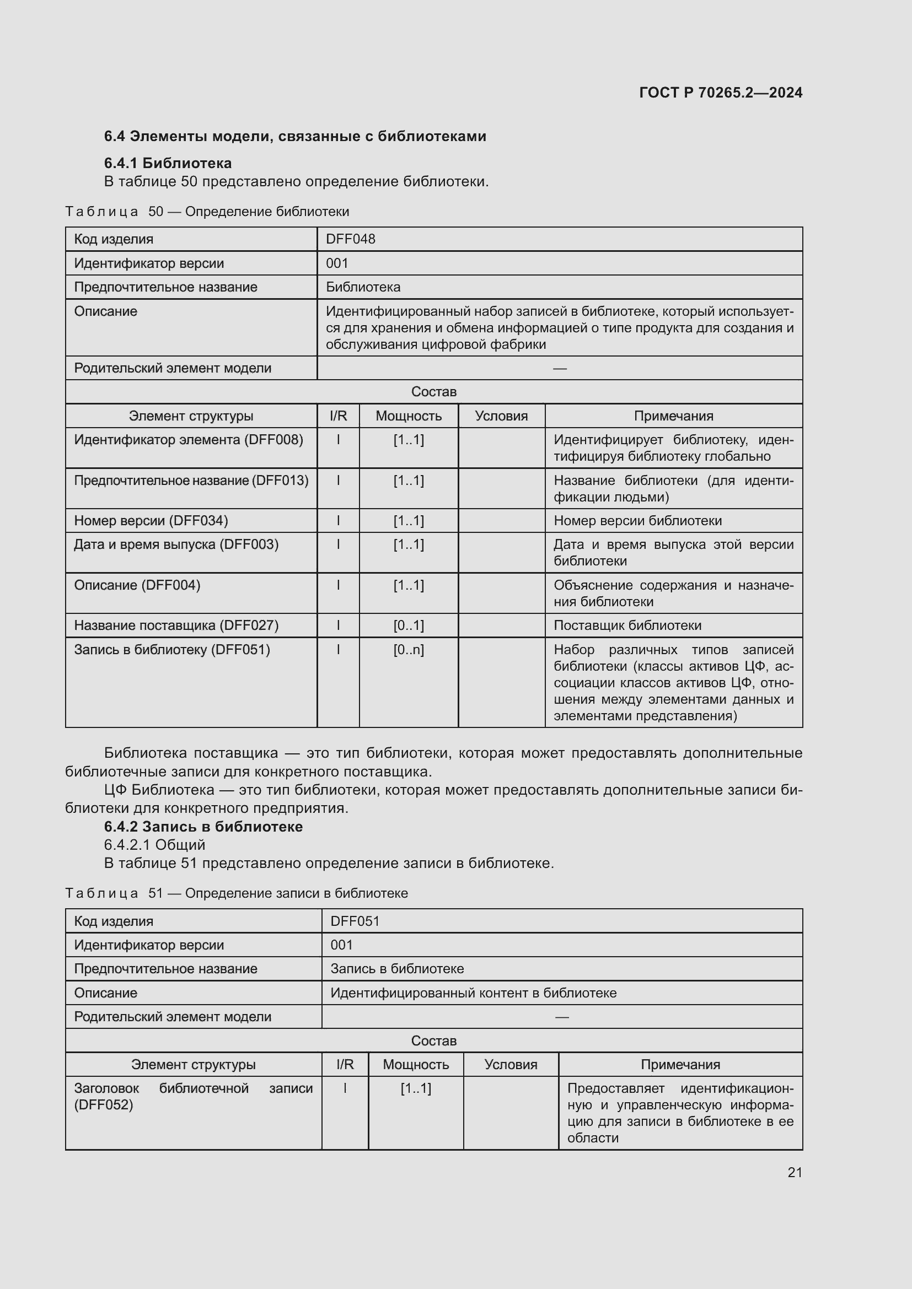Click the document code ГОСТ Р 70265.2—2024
click(x=721, y=93)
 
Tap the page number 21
click(x=795, y=1172)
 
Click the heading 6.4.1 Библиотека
click(x=168, y=163)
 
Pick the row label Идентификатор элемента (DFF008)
click(x=189, y=440)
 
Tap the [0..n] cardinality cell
click(x=408, y=650)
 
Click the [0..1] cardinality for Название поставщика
click(x=408, y=625)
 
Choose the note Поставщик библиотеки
click(x=627, y=625)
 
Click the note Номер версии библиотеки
click(x=637, y=521)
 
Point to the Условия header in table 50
click(x=501, y=416)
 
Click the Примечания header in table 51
click(x=680, y=1065)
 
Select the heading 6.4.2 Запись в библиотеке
click(x=203, y=827)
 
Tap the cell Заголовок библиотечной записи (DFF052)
click(x=192, y=1097)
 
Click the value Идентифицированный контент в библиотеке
click(x=473, y=993)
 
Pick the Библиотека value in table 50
click(x=363, y=288)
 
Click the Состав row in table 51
click(x=433, y=1041)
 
